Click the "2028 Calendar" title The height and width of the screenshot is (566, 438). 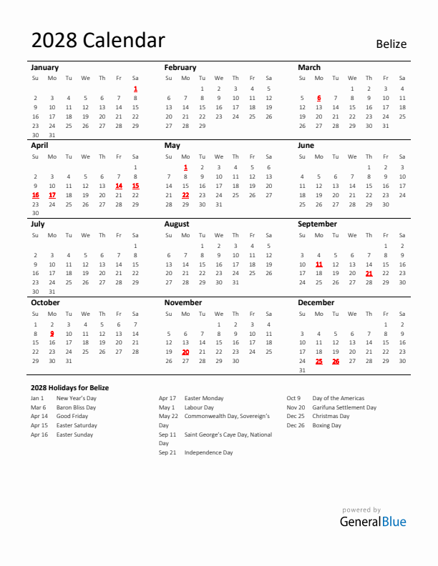[x=98, y=41]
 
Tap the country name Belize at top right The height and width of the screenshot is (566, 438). [x=391, y=44]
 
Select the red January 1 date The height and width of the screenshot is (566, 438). [x=135, y=89]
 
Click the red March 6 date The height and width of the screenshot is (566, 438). [x=318, y=98]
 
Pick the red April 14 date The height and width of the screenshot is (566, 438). [x=119, y=185]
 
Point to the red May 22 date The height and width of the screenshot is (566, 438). [x=185, y=194]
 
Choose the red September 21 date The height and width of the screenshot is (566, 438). [x=369, y=273]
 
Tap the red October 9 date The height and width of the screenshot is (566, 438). [x=52, y=333]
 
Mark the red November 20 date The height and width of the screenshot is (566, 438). [x=185, y=352]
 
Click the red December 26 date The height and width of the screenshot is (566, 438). [x=336, y=361]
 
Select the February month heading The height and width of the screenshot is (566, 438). [x=180, y=67]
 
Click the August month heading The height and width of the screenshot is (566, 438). [x=177, y=224]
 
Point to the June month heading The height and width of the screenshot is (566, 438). [x=306, y=145]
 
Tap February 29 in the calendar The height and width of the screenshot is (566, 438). [x=202, y=126]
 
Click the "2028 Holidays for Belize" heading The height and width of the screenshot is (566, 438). [x=69, y=387]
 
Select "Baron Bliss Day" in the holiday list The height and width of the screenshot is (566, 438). [x=76, y=407]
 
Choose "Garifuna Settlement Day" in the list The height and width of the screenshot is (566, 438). [x=344, y=407]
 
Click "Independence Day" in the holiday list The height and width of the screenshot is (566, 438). [x=208, y=452]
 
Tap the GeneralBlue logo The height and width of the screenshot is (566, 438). [x=372, y=521]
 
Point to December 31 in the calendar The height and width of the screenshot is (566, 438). [x=302, y=370]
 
